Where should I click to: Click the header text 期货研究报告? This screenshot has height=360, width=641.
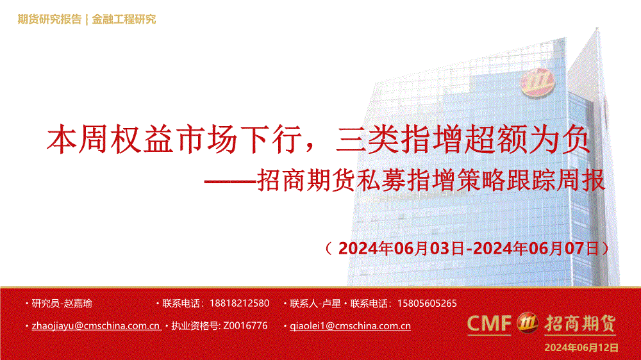49,19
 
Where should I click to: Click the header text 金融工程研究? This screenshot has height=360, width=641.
124,19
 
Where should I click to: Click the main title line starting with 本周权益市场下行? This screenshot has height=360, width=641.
318,140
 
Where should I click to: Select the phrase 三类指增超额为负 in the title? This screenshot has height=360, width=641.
462,140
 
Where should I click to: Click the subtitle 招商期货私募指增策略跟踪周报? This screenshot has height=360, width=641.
431,180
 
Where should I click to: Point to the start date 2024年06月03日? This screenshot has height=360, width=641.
401,249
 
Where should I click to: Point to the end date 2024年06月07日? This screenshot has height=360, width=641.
535,249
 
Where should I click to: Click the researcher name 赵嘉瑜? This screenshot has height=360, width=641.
78,304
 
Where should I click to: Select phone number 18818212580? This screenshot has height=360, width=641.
239,304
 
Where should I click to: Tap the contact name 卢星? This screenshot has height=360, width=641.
331,304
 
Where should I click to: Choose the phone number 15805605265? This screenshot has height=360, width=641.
427,304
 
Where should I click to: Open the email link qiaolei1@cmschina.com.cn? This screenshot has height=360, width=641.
351,326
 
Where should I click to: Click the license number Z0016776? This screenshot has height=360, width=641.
246,325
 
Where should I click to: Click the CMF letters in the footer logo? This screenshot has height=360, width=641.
489,323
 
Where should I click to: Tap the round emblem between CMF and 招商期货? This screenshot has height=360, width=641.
528,323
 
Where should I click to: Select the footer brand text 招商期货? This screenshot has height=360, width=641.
580,323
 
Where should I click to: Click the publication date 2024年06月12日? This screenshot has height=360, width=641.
581,348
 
